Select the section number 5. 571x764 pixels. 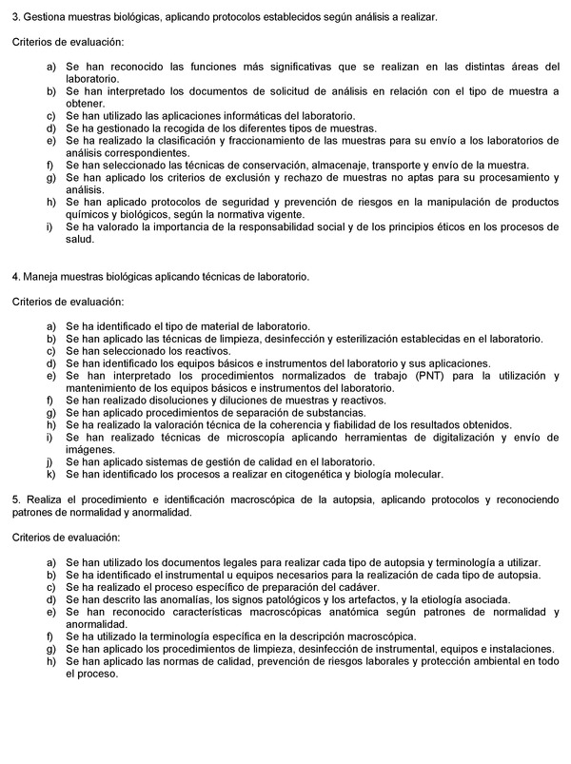point(15,500)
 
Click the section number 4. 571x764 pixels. point(15,277)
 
